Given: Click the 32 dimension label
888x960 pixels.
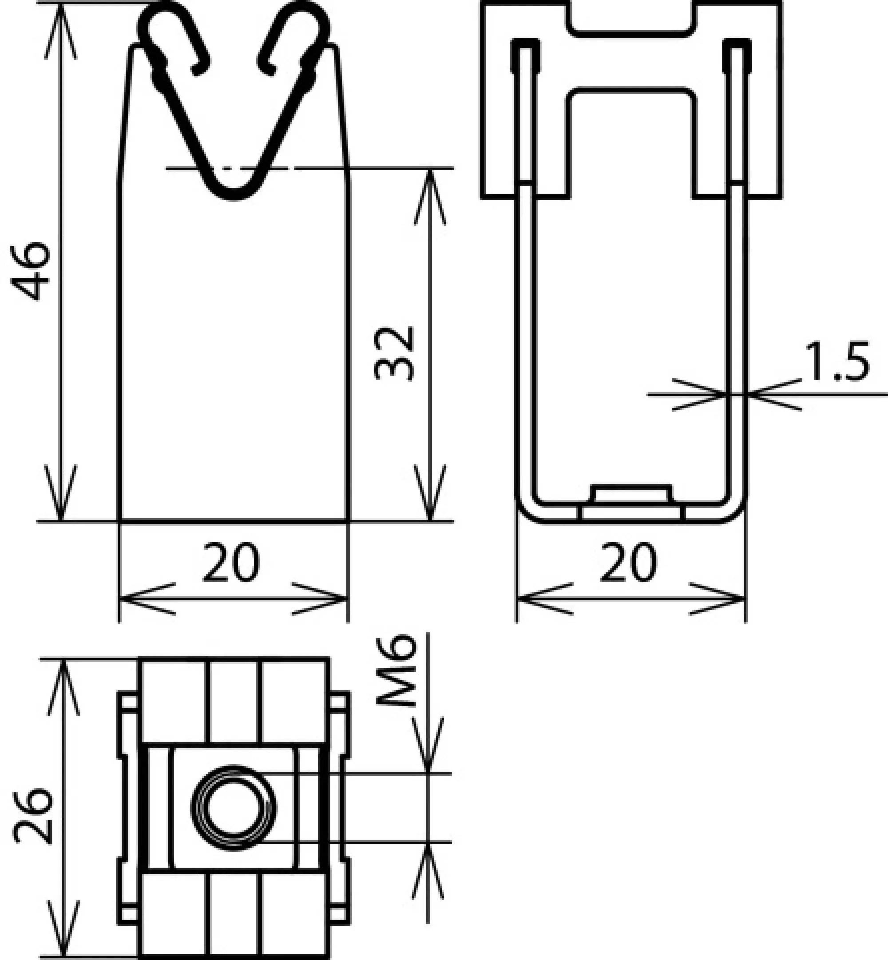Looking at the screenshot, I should click(394, 353).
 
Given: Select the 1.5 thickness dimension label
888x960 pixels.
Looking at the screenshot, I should click(837, 361).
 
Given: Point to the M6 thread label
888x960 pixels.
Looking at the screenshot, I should click(396, 671).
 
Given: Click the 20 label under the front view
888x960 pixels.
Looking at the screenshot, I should click(231, 563).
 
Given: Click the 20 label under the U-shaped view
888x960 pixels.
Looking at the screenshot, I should click(629, 563).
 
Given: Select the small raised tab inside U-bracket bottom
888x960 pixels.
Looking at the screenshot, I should click(631, 493).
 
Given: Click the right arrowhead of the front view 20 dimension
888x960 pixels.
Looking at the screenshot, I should click(337, 599).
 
